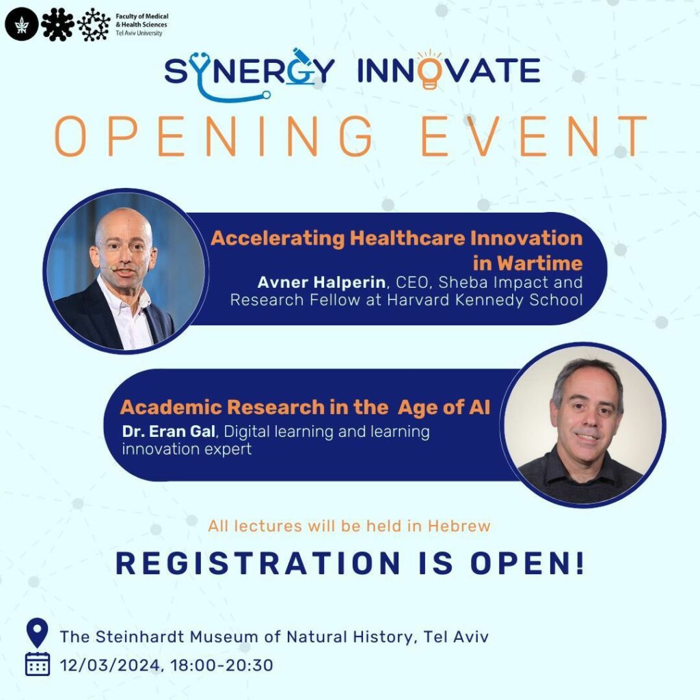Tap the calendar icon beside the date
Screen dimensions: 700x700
click(38, 664)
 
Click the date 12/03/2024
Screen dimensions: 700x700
click(110, 665)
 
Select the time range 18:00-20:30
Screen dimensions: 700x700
click(221, 665)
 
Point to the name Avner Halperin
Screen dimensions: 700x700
click(321, 282)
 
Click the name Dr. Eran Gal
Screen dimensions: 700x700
click(169, 431)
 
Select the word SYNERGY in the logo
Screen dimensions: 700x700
click(249, 71)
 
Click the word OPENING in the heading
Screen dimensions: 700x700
click(214, 136)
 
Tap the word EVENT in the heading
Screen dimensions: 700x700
click(534, 136)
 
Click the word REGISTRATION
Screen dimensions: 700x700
click(258, 563)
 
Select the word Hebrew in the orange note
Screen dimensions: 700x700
click(459, 526)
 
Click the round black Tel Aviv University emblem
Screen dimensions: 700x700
click(21, 25)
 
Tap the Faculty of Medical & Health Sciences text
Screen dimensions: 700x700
click(142, 24)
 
